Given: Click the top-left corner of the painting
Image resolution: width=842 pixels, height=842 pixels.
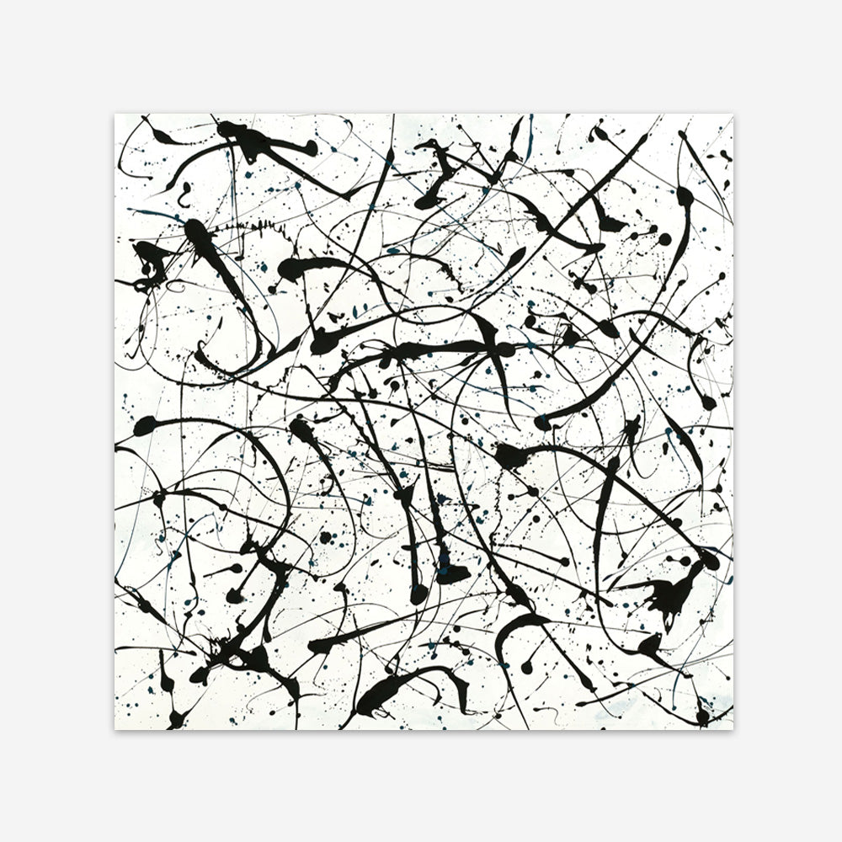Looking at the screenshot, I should tap(115, 115).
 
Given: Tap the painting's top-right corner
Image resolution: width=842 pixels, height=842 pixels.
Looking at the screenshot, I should tap(733, 115).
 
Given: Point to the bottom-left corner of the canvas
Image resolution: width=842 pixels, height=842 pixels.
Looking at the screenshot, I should tap(115, 729).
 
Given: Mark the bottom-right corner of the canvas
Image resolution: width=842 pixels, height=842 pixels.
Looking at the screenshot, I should tap(733, 729).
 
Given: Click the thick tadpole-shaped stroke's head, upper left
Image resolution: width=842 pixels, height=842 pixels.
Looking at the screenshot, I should tap(195, 228).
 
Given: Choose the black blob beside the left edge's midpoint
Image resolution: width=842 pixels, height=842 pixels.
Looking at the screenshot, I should tap(145, 425).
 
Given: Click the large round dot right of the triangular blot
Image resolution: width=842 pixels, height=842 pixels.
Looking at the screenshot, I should tap(664, 238).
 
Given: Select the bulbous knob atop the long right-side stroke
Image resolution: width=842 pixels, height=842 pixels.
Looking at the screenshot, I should tap(684, 195).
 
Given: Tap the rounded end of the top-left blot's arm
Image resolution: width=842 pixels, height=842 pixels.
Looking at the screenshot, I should tap(311, 148).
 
